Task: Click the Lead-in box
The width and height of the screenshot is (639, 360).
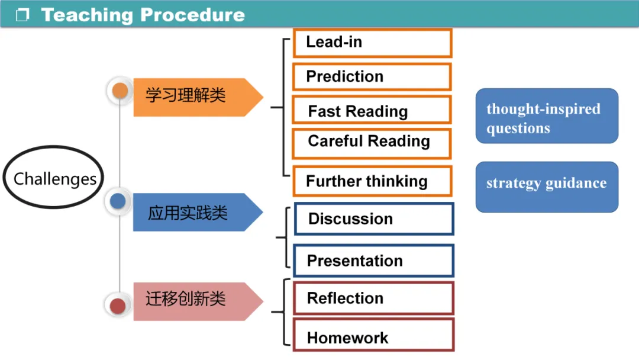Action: click(372, 43)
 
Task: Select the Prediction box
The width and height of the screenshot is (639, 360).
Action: click(372, 77)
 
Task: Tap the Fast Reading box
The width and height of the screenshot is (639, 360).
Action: click(372, 110)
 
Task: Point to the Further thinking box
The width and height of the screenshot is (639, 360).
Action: click(372, 181)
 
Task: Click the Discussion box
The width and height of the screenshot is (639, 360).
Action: click(374, 219)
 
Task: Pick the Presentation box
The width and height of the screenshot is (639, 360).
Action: click(374, 261)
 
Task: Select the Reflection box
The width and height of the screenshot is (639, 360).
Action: click(374, 298)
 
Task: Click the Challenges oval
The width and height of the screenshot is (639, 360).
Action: click(54, 178)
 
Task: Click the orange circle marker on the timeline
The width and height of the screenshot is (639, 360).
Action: click(120, 91)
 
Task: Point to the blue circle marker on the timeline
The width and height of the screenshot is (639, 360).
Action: click(118, 201)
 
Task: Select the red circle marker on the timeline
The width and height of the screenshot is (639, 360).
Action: click(118, 306)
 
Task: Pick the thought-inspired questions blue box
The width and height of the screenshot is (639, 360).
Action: click(547, 116)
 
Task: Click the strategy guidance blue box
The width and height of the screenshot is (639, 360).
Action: click(547, 187)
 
